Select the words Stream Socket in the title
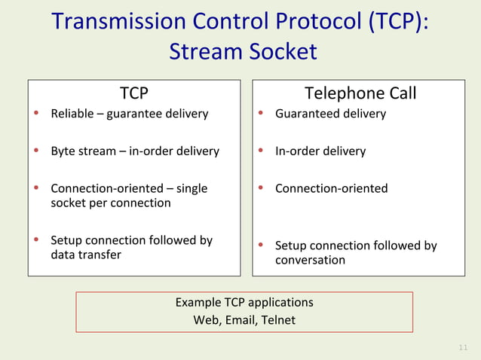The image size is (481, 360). (x=243, y=52)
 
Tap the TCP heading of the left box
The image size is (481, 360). (x=134, y=93)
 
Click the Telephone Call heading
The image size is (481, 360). (x=360, y=93)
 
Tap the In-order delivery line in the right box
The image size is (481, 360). (x=320, y=151)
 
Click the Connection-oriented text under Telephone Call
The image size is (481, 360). (x=331, y=188)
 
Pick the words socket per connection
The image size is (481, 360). (x=110, y=203)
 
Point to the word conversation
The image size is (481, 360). (x=310, y=260)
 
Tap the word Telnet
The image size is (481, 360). (x=279, y=320)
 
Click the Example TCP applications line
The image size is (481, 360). (x=244, y=302)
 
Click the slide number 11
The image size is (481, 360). (x=464, y=347)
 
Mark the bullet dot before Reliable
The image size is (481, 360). (x=35, y=114)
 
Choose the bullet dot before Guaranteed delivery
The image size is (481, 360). (x=260, y=114)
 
